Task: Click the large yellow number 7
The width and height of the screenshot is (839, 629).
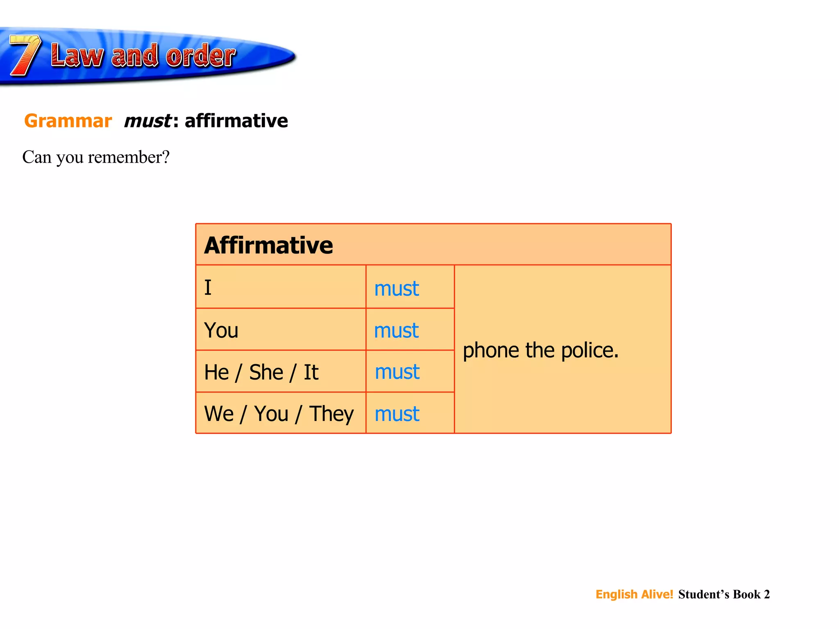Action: pyautogui.click(x=25, y=55)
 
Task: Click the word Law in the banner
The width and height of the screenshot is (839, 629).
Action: pyautogui.click(x=77, y=56)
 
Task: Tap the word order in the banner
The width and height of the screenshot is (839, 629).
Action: pyautogui.click(x=201, y=56)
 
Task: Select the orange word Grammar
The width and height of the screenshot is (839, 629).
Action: pyautogui.click(x=68, y=121)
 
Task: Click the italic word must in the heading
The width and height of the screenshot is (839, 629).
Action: pyautogui.click(x=147, y=121)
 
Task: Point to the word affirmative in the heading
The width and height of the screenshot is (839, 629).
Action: pyautogui.click(x=236, y=121)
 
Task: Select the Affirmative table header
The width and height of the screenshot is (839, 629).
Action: pyautogui.click(x=269, y=245)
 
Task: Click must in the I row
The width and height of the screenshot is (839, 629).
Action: pyautogui.click(x=397, y=288)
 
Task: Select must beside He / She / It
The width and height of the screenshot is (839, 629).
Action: pyautogui.click(x=397, y=372)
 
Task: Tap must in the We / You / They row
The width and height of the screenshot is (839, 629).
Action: pyautogui.click(x=397, y=414)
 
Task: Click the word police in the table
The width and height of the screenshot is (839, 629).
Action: pyautogui.click(x=590, y=351)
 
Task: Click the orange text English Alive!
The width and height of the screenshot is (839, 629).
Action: pyautogui.click(x=634, y=594)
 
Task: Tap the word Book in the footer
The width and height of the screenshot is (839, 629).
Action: pyautogui.click(x=746, y=594)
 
